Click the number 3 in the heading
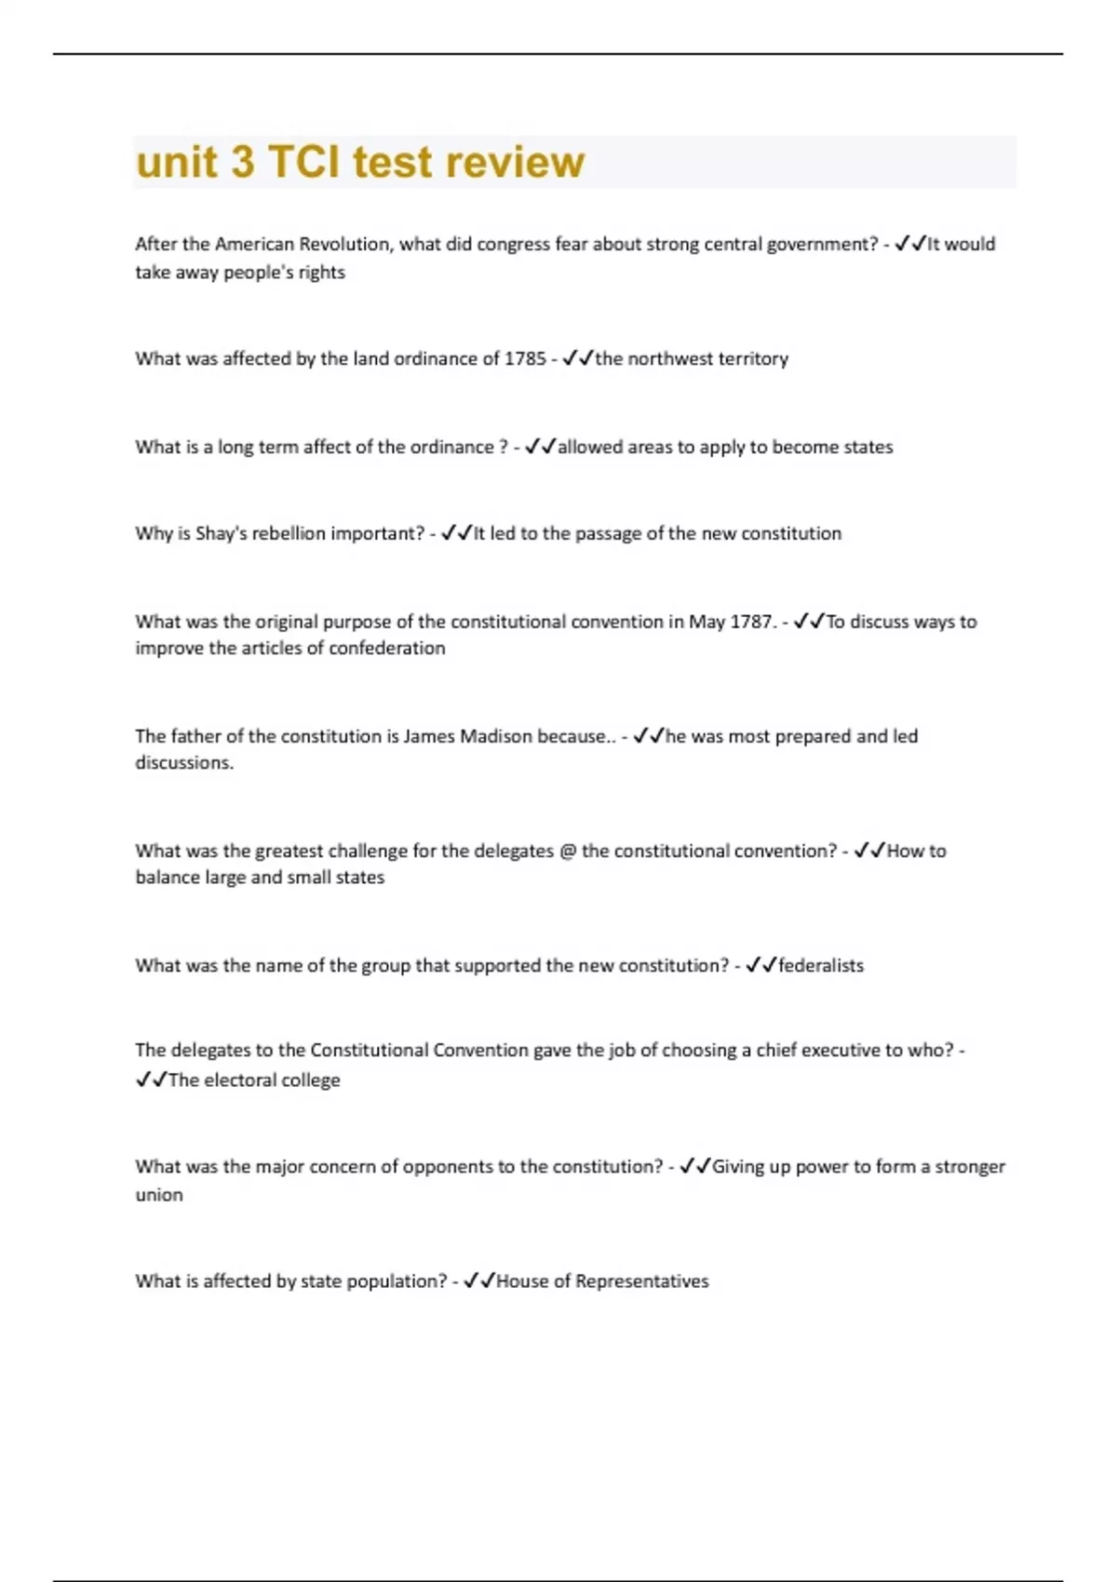pos(241,162)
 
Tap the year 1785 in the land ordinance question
pos(525,359)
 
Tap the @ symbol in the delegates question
pos(568,851)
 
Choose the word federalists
pos(821,966)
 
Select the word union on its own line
pos(159,1195)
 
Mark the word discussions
pos(183,763)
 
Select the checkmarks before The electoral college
pos(151,1080)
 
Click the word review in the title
pos(514,162)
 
